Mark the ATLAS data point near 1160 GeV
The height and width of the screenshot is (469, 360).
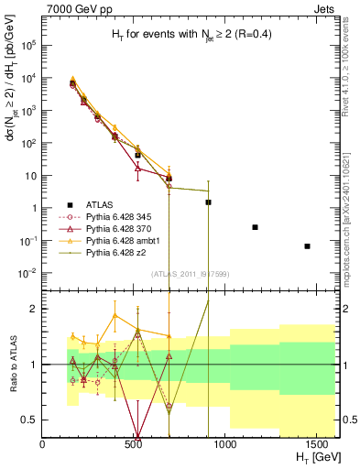pyautogui.click(x=255, y=227)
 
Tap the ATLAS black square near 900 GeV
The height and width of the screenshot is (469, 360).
pyautogui.click(x=208, y=202)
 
